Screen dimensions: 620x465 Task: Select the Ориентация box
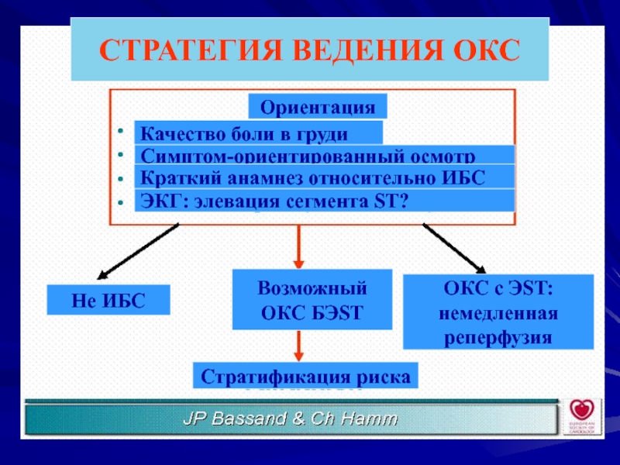317,106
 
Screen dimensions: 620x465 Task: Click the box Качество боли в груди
258,133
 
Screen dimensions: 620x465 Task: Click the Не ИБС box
108,299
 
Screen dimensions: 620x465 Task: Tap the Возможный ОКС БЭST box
312,301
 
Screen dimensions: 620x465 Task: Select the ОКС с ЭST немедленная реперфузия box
498,311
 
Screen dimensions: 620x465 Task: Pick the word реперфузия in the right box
498,338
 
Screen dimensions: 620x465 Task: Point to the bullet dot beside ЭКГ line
120,202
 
